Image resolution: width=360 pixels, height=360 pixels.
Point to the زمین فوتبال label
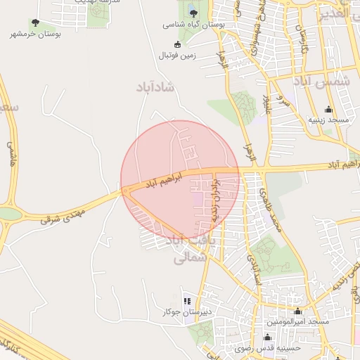[x=177, y=54]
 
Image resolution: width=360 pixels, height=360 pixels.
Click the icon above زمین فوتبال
[x=177, y=44]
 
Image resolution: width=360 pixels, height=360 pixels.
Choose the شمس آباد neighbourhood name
[x=326, y=83]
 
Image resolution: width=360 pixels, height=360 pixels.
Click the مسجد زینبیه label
[x=328, y=120]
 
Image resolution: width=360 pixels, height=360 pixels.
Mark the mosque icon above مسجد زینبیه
[x=328, y=110]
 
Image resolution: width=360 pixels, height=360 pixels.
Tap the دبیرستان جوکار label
[x=186, y=311]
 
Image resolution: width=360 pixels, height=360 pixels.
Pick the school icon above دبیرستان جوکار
[x=186, y=301]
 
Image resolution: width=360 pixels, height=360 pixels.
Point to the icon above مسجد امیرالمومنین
[x=297, y=311]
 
